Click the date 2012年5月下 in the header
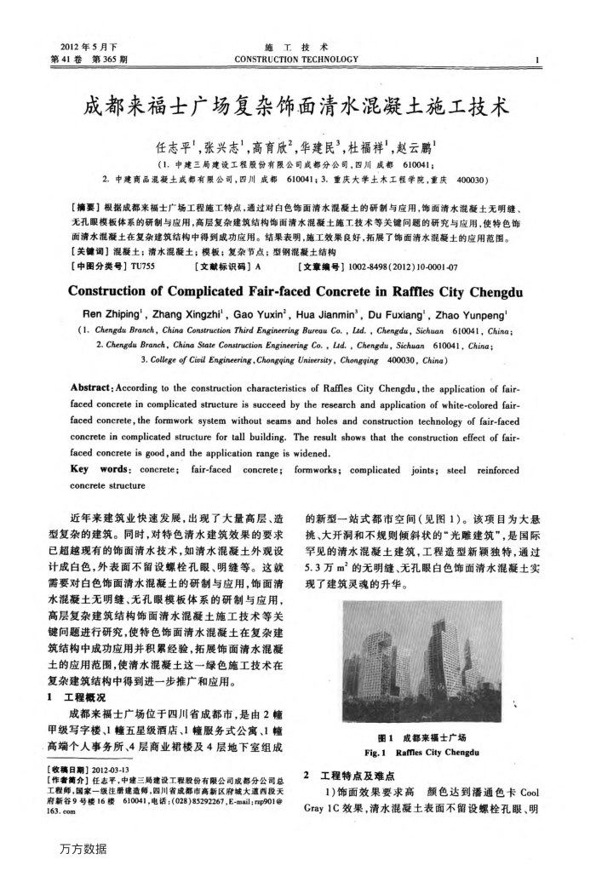point(84,46)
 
